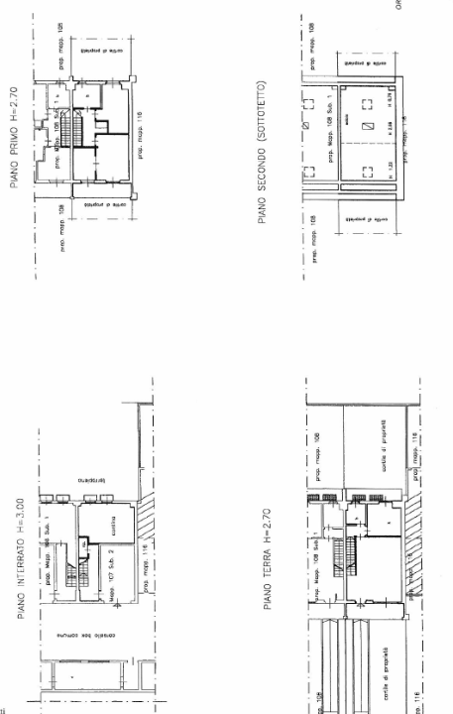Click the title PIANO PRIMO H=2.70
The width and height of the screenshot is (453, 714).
tap(14, 135)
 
